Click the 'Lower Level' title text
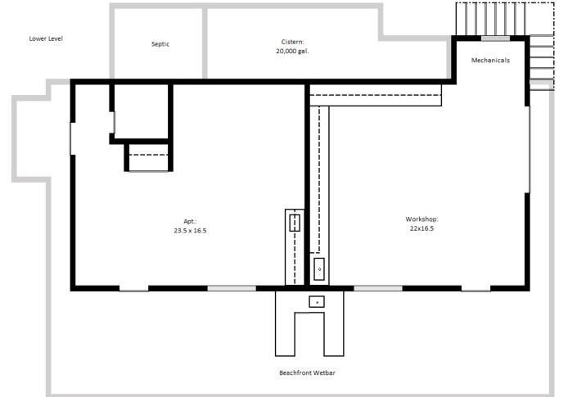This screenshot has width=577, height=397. coord(46,38)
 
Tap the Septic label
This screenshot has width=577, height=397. coord(160,44)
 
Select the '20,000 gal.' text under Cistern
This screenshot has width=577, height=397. coord(292,51)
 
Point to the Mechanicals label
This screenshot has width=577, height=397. coord(490,61)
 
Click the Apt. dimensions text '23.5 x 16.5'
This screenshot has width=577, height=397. coord(190,231)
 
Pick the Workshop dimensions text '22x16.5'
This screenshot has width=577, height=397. coord(421,229)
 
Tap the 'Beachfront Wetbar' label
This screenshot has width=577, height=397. coord(308,372)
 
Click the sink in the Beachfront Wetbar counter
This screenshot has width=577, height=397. coord(317,302)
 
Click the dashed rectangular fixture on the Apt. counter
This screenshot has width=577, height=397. coord(295,223)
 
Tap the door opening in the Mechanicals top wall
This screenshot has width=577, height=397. coord(495,38)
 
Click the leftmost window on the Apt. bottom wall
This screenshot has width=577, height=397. coord(133,288)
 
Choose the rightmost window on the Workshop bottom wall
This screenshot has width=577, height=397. coord(476,288)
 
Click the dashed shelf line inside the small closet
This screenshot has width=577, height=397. coord(149,155)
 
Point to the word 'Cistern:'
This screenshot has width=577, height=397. coord(291,41)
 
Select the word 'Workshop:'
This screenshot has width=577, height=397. coord(422,219)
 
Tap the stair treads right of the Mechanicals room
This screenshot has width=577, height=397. coord(541,61)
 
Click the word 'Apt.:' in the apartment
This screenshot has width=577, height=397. coord(190,221)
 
